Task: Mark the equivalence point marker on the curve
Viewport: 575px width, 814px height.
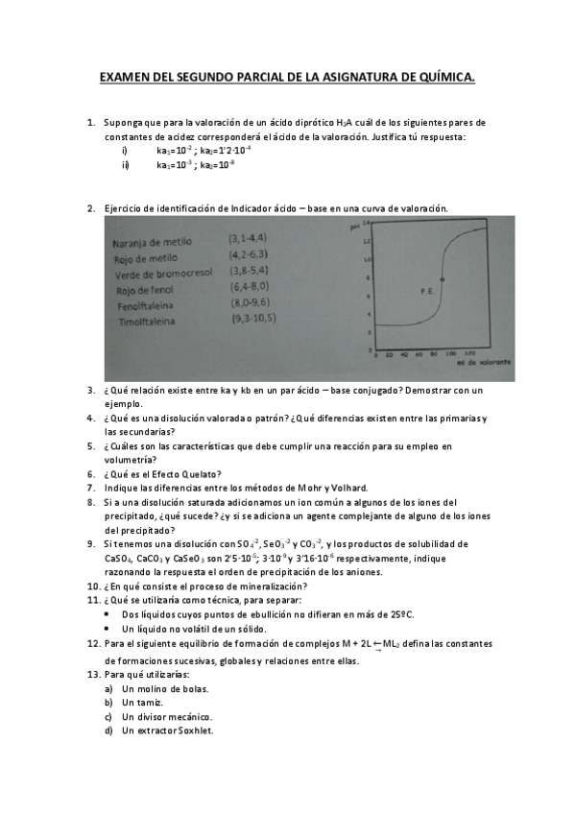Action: (x=442, y=279)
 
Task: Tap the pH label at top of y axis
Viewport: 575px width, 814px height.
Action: (x=353, y=227)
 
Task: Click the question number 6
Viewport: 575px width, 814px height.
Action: (x=91, y=473)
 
